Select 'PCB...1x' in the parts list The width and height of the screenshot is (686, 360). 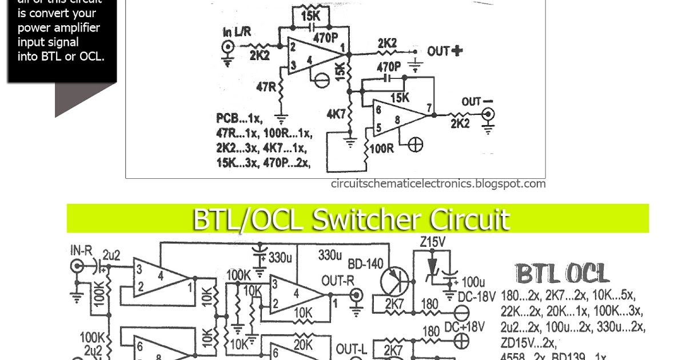239,119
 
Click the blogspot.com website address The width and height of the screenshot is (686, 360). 438,184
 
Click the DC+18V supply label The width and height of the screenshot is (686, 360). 465,326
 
